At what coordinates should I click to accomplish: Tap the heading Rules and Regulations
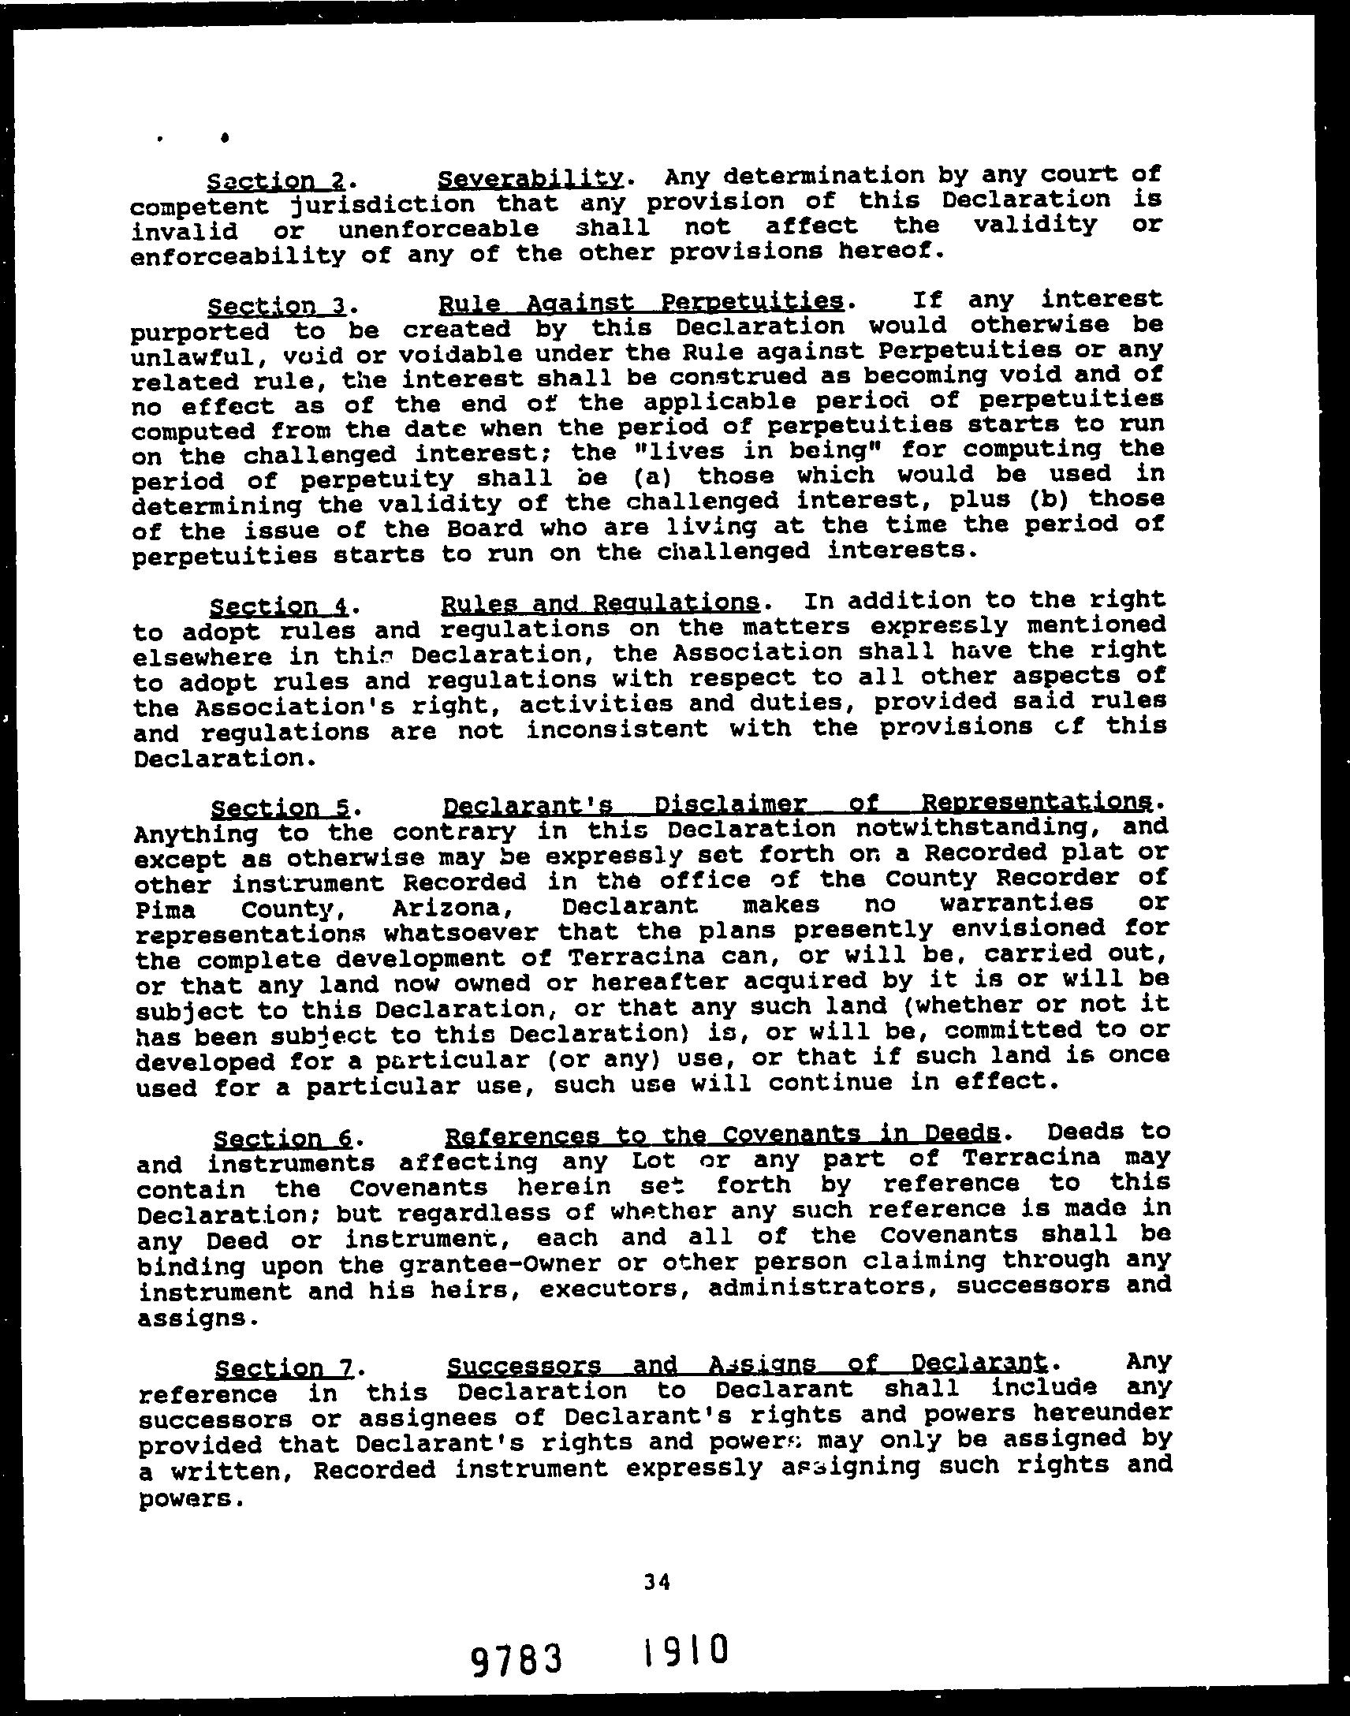coord(599,604)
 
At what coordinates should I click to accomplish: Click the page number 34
coord(657,1581)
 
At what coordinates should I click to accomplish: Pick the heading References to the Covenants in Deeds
coord(723,1135)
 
